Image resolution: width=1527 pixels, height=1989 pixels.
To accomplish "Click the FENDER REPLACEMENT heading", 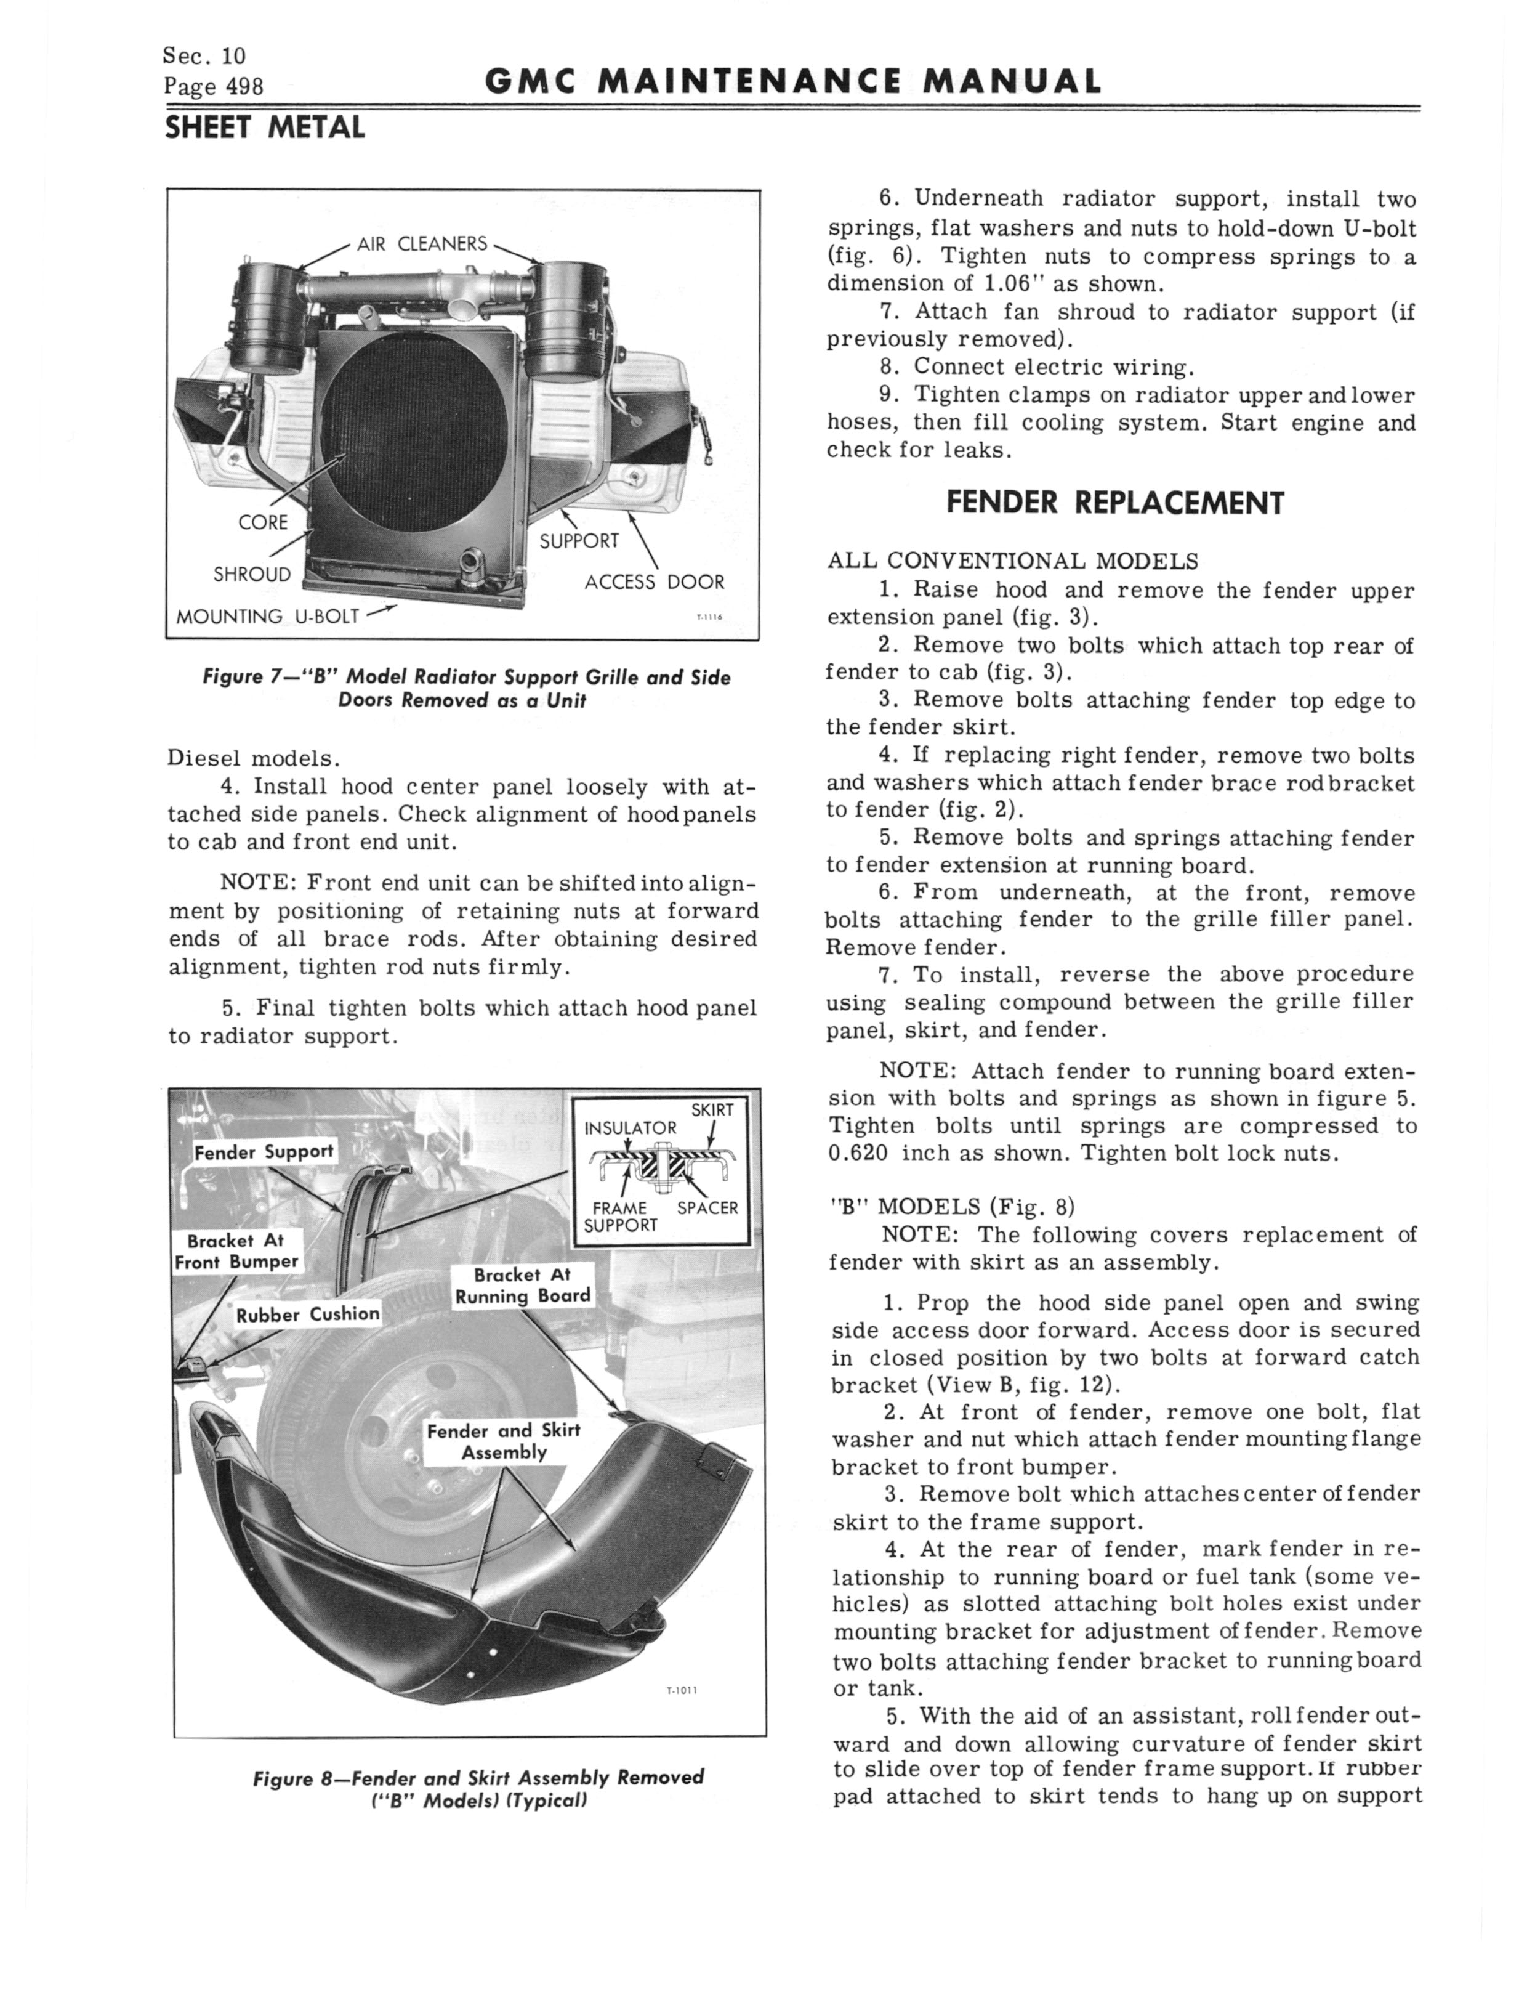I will (x=1115, y=503).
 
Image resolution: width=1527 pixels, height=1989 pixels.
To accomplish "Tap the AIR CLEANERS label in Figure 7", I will (x=422, y=244).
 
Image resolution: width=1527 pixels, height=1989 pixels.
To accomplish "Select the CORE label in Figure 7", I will (x=263, y=522).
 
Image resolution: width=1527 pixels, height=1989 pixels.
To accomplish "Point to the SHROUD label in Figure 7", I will (x=252, y=575).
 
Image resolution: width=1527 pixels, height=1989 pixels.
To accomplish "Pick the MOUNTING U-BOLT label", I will (x=267, y=617).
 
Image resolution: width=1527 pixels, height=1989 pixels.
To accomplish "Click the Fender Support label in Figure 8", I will (x=265, y=1152).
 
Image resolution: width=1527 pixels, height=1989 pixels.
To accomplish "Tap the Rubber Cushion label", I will (x=307, y=1313).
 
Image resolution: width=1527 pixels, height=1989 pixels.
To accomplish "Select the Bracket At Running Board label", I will (x=523, y=1286).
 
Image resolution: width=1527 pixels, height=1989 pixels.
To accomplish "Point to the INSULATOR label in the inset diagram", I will (x=630, y=1128).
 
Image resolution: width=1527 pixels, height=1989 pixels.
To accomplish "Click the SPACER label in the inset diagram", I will (x=707, y=1208).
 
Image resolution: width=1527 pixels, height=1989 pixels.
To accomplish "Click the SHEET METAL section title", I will (x=265, y=128).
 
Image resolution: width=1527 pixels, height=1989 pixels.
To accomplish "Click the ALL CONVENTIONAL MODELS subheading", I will (x=1012, y=561).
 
